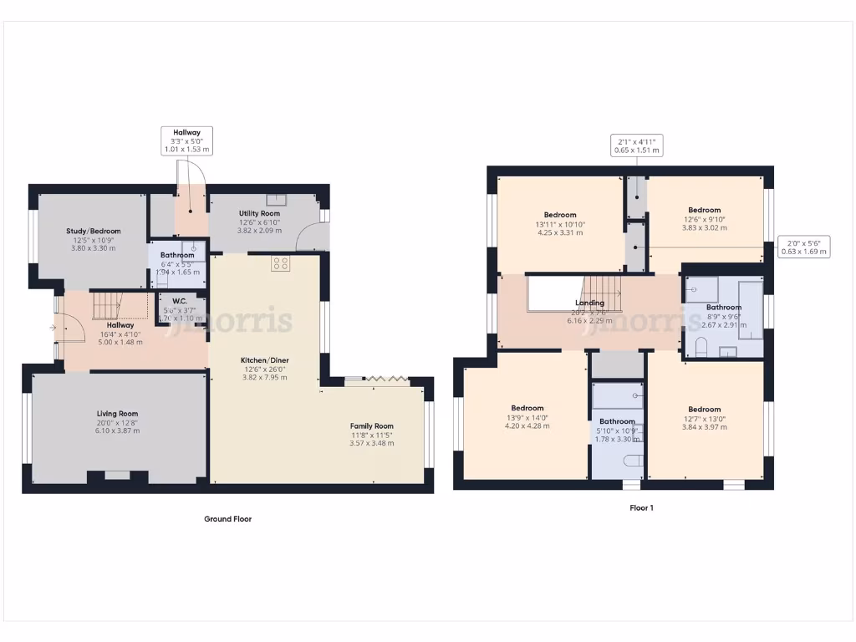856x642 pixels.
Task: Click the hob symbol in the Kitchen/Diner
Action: pyautogui.click(x=281, y=263)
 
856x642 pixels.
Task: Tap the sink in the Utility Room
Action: pyautogui.click(x=277, y=200)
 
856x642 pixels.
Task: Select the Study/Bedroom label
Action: pyautogui.click(x=94, y=232)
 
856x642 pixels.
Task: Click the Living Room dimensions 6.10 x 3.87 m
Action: pyautogui.click(x=116, y=431)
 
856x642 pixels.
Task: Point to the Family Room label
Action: pyautogui.click(x=371, y=426)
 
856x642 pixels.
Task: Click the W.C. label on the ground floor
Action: pyautogui.click(x=179, y=302)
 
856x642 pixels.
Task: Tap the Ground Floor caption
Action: pyautogui.click(x=227, y=519)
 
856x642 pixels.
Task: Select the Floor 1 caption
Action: pyautogui.click(x=641, y=507)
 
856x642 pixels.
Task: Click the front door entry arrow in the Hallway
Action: pyautogui.click(x=53, y=328)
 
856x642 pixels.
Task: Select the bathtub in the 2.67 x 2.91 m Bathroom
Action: pyautogui.click(x=750, y=309)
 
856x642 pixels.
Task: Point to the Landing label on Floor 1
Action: pyautogui.click(x=589, y=303)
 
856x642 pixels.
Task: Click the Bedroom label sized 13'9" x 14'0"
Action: pyautogui.click(x=527, y=409)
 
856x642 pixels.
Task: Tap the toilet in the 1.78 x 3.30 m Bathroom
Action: pyautogui.click(x=633, y=459)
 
